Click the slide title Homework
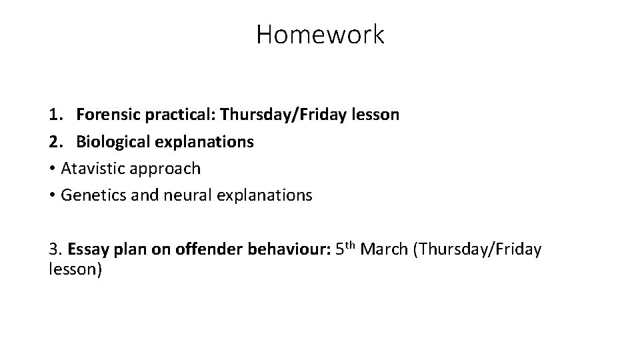[320, 35]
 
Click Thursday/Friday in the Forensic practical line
[287, 115]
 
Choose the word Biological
[111, 142]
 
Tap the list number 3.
[55, 250]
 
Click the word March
[384, 250]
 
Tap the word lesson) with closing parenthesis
[75, 270]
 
